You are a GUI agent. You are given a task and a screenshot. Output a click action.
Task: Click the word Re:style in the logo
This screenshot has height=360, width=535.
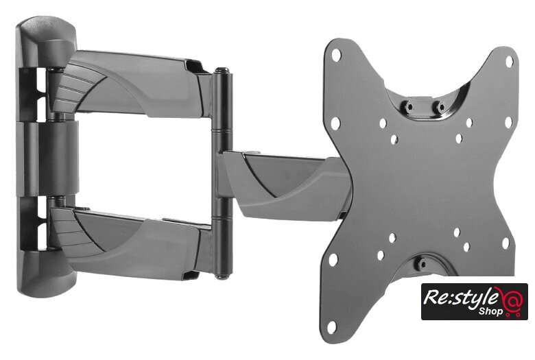point(460,297)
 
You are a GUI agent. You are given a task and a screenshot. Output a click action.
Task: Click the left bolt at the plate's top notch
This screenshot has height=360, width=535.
point(409,106)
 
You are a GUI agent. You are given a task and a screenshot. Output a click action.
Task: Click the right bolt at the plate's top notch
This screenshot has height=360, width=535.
point(440,106)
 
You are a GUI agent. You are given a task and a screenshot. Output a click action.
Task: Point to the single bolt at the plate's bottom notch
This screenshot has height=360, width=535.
point(422,263)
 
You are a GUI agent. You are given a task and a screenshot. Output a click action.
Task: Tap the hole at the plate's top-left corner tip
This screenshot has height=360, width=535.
point(335,55)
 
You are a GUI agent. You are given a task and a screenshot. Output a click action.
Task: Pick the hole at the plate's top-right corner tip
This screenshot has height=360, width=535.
point(509,62)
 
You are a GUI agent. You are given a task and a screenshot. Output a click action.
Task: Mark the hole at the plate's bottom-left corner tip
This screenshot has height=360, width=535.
point(331,326)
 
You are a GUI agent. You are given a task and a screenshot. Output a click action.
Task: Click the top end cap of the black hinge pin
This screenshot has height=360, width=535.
point(222,71)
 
